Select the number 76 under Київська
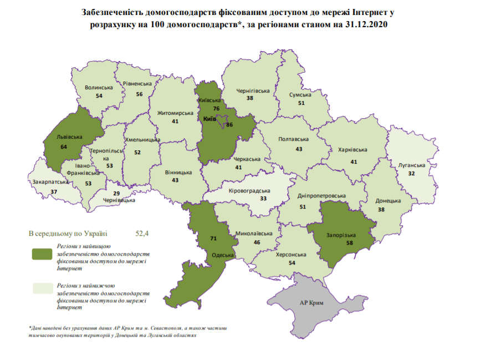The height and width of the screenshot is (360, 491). [217, 109]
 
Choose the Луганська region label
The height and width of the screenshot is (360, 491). [411, 165]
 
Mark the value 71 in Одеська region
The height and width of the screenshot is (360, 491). [214, 238]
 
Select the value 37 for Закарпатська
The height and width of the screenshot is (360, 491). [54, 191]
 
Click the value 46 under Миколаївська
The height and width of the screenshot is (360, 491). [257, 243]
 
